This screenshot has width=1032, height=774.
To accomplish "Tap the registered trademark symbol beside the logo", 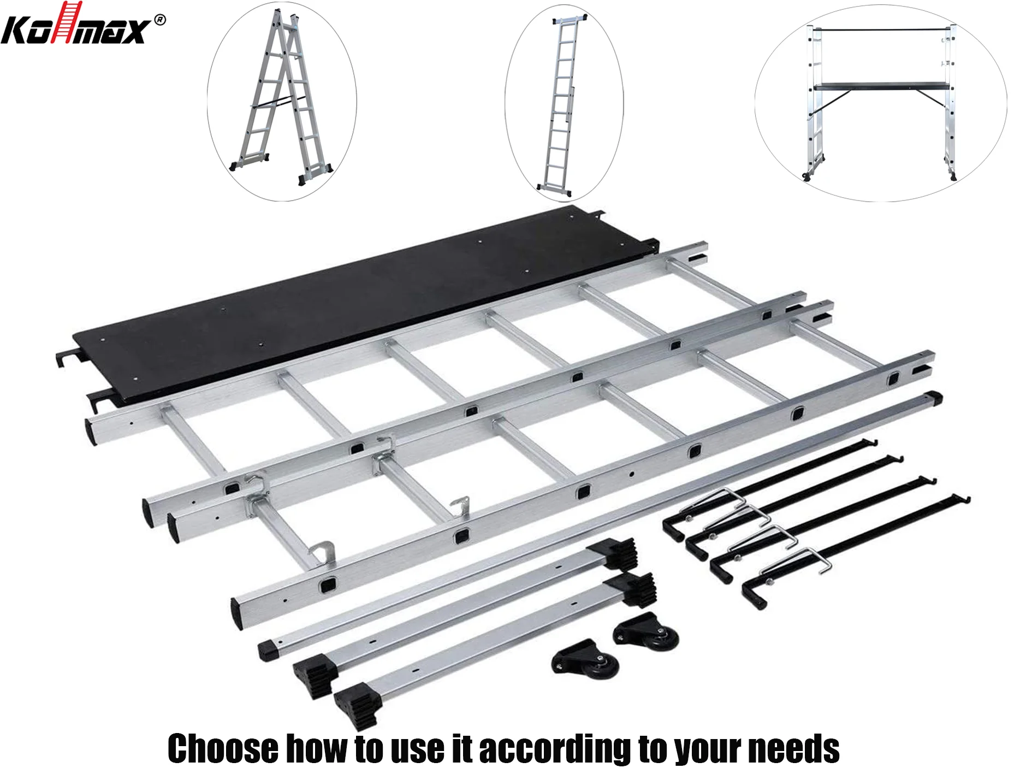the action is point(159,20).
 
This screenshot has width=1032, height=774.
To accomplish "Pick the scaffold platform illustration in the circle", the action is point(880,102).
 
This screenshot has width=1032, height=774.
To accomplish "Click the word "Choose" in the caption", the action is point(223,749).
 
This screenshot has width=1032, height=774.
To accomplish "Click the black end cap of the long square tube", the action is point(934,397).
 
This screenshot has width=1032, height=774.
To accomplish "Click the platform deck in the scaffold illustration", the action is point(881,86).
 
